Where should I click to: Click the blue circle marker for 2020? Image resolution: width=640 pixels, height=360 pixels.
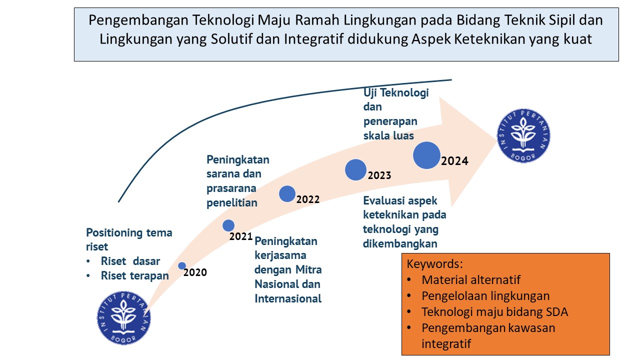[x=182, y=266]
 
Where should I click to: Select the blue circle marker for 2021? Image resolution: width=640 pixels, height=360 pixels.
[x=228, y=225]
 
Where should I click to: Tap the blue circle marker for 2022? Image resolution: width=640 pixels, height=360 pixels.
[x=287, y=193]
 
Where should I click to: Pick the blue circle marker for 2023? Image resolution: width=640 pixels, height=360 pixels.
[x=355, y=170]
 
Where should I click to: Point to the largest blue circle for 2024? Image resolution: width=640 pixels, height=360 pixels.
[x=426, y=155]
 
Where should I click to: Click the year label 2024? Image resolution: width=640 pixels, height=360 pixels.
[x=454, y=161]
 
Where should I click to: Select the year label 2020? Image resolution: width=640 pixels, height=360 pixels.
[x=195, y=272]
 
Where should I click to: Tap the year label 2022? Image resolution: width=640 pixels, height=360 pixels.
[x=308, y=199]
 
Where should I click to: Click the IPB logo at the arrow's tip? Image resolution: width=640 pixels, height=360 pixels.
[x=523, y=135]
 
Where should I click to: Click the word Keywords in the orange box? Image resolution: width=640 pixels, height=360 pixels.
[x=435, y=264]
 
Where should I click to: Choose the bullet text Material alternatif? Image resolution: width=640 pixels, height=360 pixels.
[x=471, y=280]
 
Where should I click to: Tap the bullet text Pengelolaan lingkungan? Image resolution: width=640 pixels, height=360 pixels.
[x=485, y=296]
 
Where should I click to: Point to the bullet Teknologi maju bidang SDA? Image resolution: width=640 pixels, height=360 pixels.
[x=494, y=312]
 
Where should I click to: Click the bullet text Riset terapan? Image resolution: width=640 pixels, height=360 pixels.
[x=134, y=275]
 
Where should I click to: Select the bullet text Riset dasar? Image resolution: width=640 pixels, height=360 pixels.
[x=130, y=261]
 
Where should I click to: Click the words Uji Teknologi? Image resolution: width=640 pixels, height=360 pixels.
[x=396, y=93]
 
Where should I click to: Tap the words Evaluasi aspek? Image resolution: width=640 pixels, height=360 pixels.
[x=400, y=200]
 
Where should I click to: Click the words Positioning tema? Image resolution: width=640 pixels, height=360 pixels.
[x=129, y=232]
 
